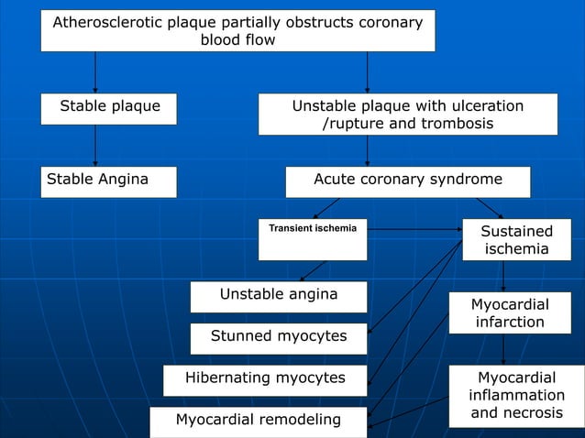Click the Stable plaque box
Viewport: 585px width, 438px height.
109,107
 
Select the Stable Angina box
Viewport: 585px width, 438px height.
109,181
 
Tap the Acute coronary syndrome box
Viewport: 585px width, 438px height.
408,181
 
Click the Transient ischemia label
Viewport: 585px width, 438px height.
313,227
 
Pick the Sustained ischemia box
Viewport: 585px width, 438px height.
516,240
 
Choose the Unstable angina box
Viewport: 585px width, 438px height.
279,295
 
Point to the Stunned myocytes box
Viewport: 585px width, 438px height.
279,337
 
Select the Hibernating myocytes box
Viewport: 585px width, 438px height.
265,378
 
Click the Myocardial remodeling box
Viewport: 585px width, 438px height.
258,421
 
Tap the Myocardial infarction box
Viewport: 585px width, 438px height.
510,312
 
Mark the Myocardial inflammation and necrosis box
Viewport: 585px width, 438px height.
516,395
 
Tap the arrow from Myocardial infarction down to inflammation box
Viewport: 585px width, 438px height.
503,349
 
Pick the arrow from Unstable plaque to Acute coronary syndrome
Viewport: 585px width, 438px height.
367,150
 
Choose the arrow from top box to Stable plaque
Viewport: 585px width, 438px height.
95,71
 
